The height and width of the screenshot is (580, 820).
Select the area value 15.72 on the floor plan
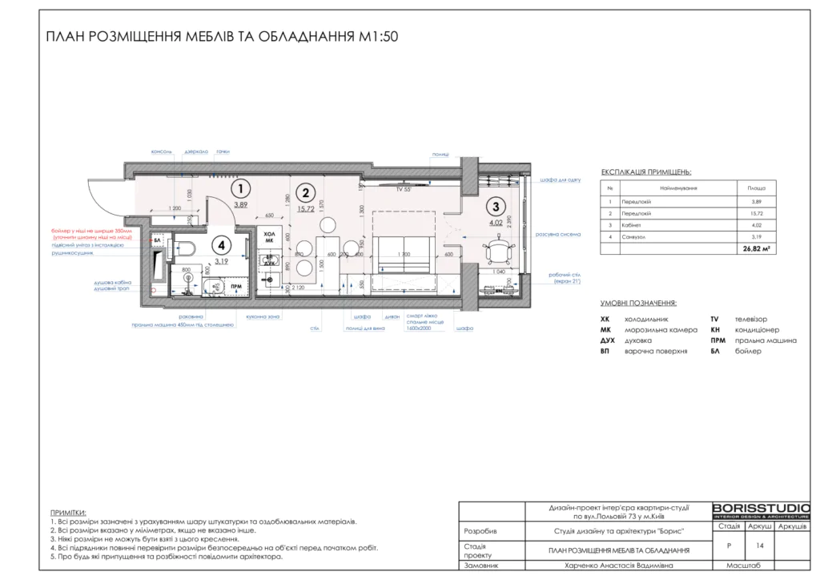[x=304, y=209]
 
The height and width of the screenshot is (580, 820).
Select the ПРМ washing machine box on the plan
[x=236, y=286]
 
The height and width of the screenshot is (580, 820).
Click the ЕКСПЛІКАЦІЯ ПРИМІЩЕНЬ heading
[x=645, y=172]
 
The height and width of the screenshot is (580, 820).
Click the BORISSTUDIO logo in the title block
[x=761, y=510]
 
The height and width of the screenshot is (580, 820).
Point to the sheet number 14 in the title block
[x=758, y=545]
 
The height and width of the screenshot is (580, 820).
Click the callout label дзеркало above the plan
[x=195, y=151]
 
